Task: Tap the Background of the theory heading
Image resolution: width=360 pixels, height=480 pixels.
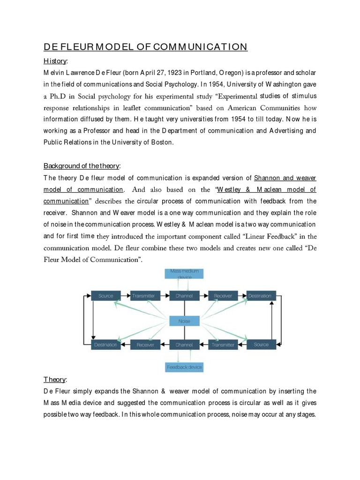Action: (x=82, y=166)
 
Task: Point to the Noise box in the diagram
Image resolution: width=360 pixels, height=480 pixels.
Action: (x=184, y=321)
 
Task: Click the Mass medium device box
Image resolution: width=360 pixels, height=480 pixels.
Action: (x=184, y=274)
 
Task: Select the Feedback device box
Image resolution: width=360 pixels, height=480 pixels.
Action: (x=184, y=367)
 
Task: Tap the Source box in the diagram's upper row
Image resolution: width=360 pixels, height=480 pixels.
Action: (x=105, y=296)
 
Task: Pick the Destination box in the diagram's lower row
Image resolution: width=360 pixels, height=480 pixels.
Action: (x=105, y=345)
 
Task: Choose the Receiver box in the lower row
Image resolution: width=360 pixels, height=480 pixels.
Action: (x=145, y=345)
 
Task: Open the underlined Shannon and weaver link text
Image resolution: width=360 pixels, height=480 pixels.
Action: (x=285, y=178)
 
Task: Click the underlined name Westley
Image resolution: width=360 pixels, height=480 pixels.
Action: (x=237, y=190)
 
